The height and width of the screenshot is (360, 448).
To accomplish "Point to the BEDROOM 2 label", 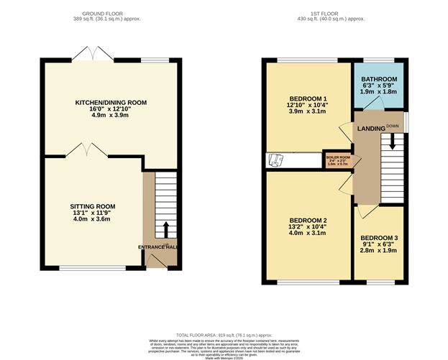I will click(x=308, y=220).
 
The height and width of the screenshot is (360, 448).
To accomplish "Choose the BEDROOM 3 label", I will click(x=378, y=238).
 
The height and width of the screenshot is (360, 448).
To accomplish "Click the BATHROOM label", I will click(x=380, y=79).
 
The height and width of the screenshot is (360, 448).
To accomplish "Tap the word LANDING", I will click(x=371, y=129).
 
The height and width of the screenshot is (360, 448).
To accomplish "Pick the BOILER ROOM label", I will click(x=337, y=156).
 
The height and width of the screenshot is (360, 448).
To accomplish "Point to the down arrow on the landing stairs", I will click(x=392, y=143).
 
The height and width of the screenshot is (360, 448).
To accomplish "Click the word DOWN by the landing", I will click(x=392, y=126).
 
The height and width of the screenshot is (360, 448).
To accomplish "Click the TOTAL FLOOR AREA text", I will click(x=224, y=335).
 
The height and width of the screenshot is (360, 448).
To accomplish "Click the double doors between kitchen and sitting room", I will click(x=85, y=149).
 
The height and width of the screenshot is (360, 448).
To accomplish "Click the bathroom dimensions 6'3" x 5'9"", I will click(x=380, y=86).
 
